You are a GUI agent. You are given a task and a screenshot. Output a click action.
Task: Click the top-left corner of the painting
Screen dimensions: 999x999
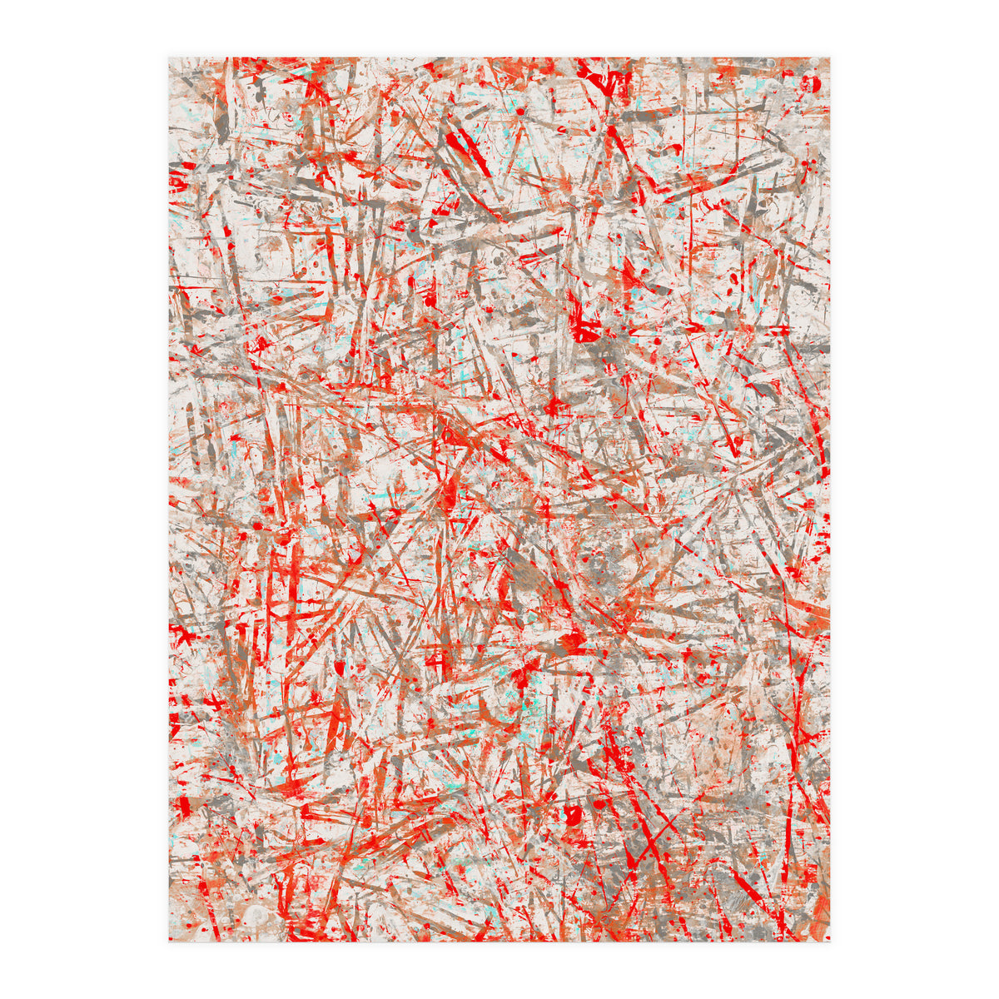169,57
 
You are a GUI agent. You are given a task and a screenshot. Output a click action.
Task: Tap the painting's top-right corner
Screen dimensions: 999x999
830,57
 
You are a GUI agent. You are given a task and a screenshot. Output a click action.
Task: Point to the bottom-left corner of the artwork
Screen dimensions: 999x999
169,942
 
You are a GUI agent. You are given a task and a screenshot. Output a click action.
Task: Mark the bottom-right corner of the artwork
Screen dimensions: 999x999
830,942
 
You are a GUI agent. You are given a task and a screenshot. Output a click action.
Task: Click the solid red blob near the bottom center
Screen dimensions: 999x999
573,814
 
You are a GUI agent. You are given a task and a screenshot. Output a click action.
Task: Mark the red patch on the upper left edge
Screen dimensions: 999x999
176,179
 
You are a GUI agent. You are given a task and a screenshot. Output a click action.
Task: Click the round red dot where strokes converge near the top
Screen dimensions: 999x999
520,111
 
